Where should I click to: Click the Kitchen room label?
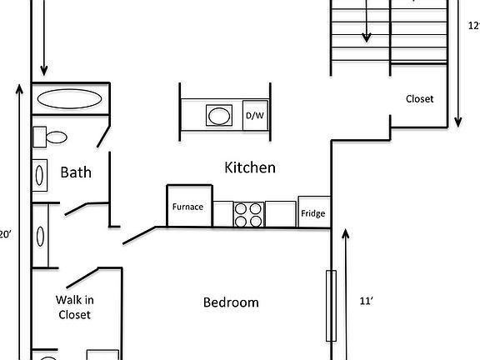(x=250, y=167)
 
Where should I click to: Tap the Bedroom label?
(x=231, y=302)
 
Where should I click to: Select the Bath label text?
(x=76, y=172)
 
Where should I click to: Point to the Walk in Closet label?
(x=73, y=307)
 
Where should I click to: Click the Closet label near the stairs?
(x=419, y=98)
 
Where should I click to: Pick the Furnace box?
(x=187, y=206)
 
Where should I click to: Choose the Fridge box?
(x=312, y=213)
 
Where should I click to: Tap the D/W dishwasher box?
(x=253, y=116)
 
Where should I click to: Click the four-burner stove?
(x=248, y=214)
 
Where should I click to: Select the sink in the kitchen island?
(x=220, y=115)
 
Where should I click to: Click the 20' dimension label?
(x=5, y=235)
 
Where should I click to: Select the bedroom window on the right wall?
(x=331, y=306)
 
